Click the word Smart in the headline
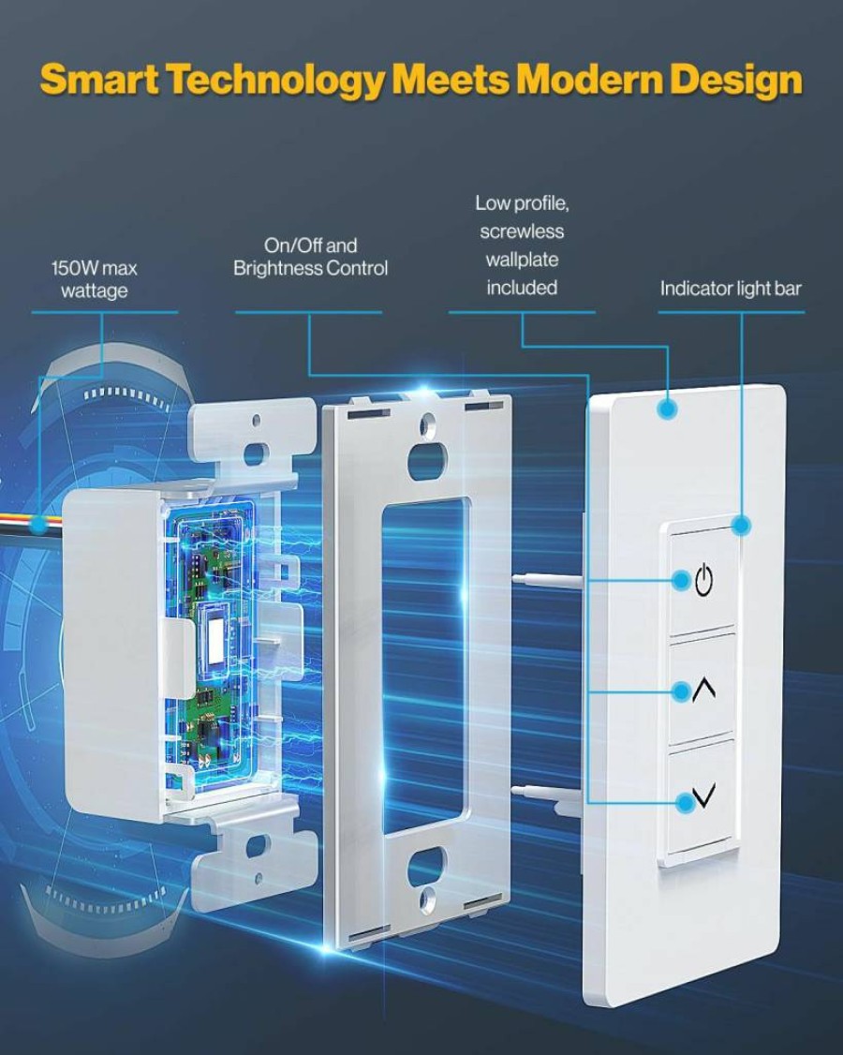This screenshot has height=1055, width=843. click(x=99, y=79)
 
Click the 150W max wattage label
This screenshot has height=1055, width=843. click(x=95, y=279)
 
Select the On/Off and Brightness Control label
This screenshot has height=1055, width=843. click(x=310, y=257)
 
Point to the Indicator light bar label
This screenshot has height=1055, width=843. click(x=731, y=289)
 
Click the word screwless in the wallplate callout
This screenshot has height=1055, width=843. click(x=522, y=231)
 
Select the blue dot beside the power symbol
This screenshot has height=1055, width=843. click(x=682, y=579)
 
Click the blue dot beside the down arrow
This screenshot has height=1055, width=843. click(x=685, y=801)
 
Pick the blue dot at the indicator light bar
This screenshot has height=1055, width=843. click(x=741, y=526)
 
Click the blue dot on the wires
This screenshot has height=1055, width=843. click(x=40, y=524)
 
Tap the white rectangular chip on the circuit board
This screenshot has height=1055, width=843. click(x=216, y=638)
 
